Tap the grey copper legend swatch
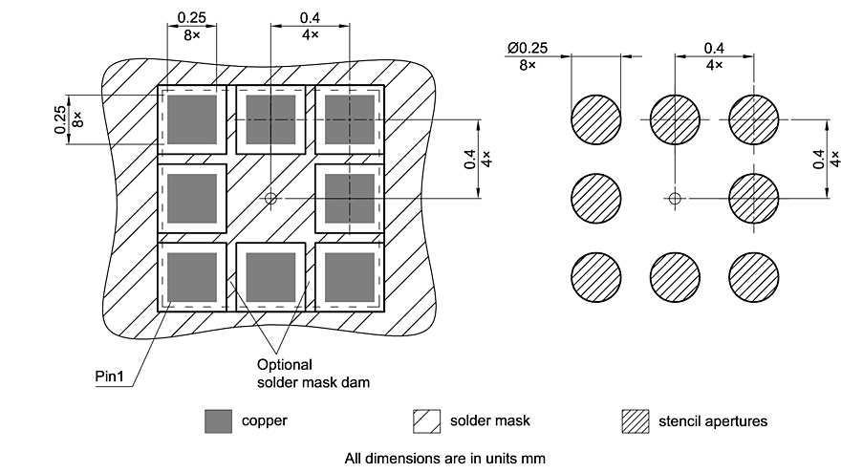pos(219,420)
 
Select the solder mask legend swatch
pos(426,420)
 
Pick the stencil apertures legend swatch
pos(635,420)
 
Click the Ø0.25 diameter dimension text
pos(527,48)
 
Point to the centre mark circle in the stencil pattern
pos(675,199)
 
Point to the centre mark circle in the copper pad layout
pos(271,199)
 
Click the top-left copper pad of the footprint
pos(192,119)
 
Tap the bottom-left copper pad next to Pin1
pos(192,277)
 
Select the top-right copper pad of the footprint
pos(350,119)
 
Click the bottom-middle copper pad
pos(270,277)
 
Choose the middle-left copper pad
pos(192,199)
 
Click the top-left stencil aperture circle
pos(596,119)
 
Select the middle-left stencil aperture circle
pos(596,199)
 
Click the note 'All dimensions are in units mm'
pos(444,458)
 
